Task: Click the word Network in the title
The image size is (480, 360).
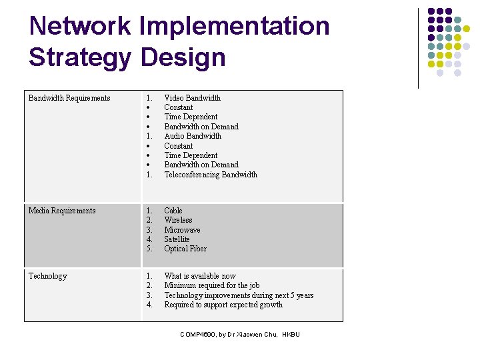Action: (80, 26)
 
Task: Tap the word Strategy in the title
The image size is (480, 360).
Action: (80, 57)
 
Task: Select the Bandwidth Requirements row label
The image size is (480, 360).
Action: (69, 98)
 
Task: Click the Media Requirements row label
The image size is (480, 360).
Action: (62, 211)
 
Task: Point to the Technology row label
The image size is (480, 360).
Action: (48, 276)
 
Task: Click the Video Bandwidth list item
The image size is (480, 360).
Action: (192, 98)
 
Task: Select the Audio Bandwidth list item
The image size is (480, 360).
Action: (193, 136)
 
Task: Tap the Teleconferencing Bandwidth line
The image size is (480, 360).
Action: (211, 175)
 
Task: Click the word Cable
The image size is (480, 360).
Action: (173, 211)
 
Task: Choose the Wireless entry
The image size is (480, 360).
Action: (178, 220)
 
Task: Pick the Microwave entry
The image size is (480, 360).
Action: (182, 230)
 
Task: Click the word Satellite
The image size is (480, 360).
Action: (177, 239)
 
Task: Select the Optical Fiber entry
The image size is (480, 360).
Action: (185, 249)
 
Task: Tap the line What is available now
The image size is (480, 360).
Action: (200, 276)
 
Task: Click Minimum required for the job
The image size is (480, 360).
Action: (212, 285)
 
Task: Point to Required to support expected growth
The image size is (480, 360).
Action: (223, 305)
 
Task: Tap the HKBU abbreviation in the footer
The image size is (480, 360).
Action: (291, 334)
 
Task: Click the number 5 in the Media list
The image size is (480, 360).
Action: (149, 249)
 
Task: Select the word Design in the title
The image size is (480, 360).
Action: (183, 57)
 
